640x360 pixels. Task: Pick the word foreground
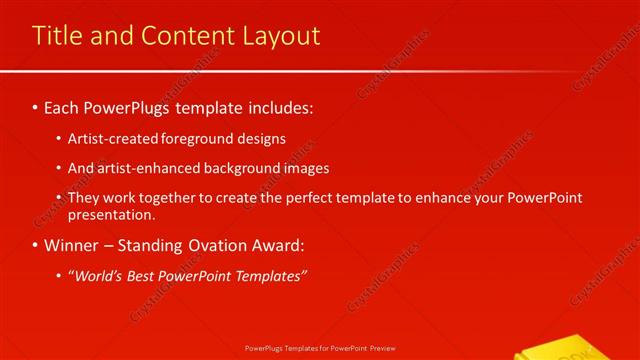coord(195,139)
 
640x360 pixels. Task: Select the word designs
coord(261,139)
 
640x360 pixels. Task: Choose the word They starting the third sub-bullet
coord(85,198)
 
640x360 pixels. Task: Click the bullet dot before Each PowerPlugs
coord(36,105)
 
